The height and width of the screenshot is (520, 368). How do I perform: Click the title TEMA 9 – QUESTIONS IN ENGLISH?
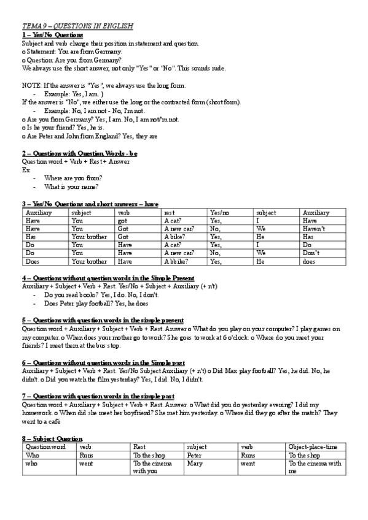click(x=77, y=27)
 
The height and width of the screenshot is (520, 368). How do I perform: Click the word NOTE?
click(x=31, y=86)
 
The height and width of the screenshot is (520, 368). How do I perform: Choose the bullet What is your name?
click(x=72, y=186)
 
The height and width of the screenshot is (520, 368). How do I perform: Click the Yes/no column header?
click(x=219, y=213)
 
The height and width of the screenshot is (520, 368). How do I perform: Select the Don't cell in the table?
click(x=312, y=253)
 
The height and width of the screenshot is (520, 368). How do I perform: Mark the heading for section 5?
click(x=103, y=320)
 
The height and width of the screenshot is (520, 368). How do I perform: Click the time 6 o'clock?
click(x=250, y=337)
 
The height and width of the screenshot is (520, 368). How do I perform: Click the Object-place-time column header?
click(x=313, y=448)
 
